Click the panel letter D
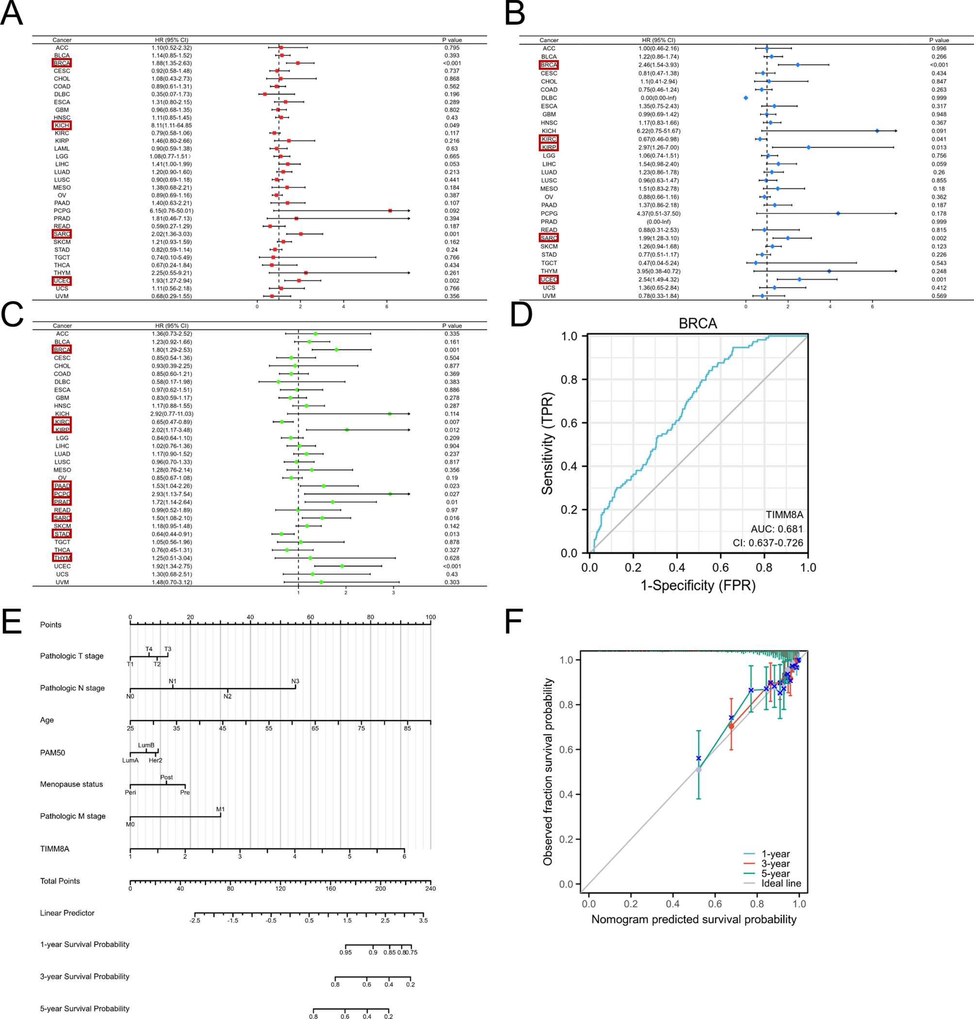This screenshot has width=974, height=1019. pyautogui.click(x=521, y=315)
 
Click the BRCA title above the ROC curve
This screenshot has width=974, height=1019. pyautogui.click(x=697, y=323)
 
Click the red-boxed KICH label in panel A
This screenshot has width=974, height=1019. pyautogui.click(x=62, y=125)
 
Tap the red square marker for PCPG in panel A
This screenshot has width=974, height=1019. pyautogui.click(x=390, y=211)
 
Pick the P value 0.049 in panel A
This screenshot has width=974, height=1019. pyautogui.click(x=452, y=125)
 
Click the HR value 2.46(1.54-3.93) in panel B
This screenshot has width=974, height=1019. pyautogui.click(x=659, y=65)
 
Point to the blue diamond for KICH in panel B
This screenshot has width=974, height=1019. pyautogui.click(x=877, y=131)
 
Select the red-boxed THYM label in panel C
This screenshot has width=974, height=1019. pyautogui.click(x=62, y=558)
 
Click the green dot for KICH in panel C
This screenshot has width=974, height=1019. pyautogui.click(x=389, y=414)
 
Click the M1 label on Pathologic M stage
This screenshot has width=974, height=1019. pyautogui.click(x=220, y=809)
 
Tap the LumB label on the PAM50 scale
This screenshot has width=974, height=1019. pyautogui.click(x=146, y=745)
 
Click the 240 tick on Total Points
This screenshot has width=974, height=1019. pyautogui.click(x=430, y=888)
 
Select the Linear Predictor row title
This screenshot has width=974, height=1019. pyautogui.click(x=67, y=913)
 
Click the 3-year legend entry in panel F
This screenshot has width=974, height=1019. pyautogui.click(x=775, y=863)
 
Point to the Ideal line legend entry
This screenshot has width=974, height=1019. pyautogui.click(x=781, y=883)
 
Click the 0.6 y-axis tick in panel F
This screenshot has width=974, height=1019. pyautogui.click(x=566, y=750)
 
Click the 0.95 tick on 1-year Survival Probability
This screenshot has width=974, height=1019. pyautogui.click(x=345, y=952)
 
